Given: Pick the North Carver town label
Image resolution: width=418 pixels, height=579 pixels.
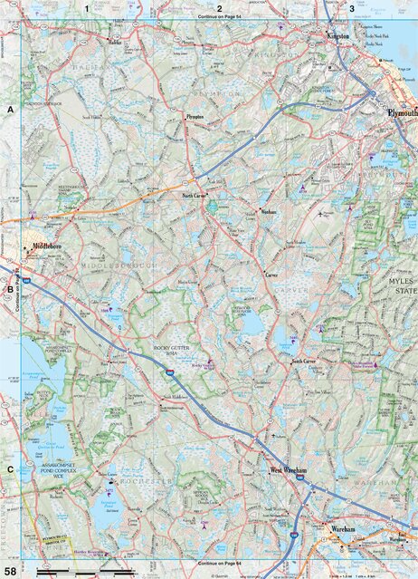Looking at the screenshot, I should coord(195,196).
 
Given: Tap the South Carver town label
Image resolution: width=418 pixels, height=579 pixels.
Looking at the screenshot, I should coord(303,361).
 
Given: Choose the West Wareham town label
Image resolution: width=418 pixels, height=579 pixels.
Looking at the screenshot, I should coord(290,470).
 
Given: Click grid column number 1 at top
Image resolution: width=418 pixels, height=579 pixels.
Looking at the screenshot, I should coord(86,8).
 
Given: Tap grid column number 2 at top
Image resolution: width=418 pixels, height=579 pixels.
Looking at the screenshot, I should coord(219,8).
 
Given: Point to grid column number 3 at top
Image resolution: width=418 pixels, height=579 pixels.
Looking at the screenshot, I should coord(352,8).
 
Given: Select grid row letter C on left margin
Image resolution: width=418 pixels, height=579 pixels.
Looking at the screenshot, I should coord(10,468).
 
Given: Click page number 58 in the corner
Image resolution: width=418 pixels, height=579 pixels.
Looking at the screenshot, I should coord(10,571).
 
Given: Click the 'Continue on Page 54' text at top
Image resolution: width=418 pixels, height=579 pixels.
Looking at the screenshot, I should coord(218,17).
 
